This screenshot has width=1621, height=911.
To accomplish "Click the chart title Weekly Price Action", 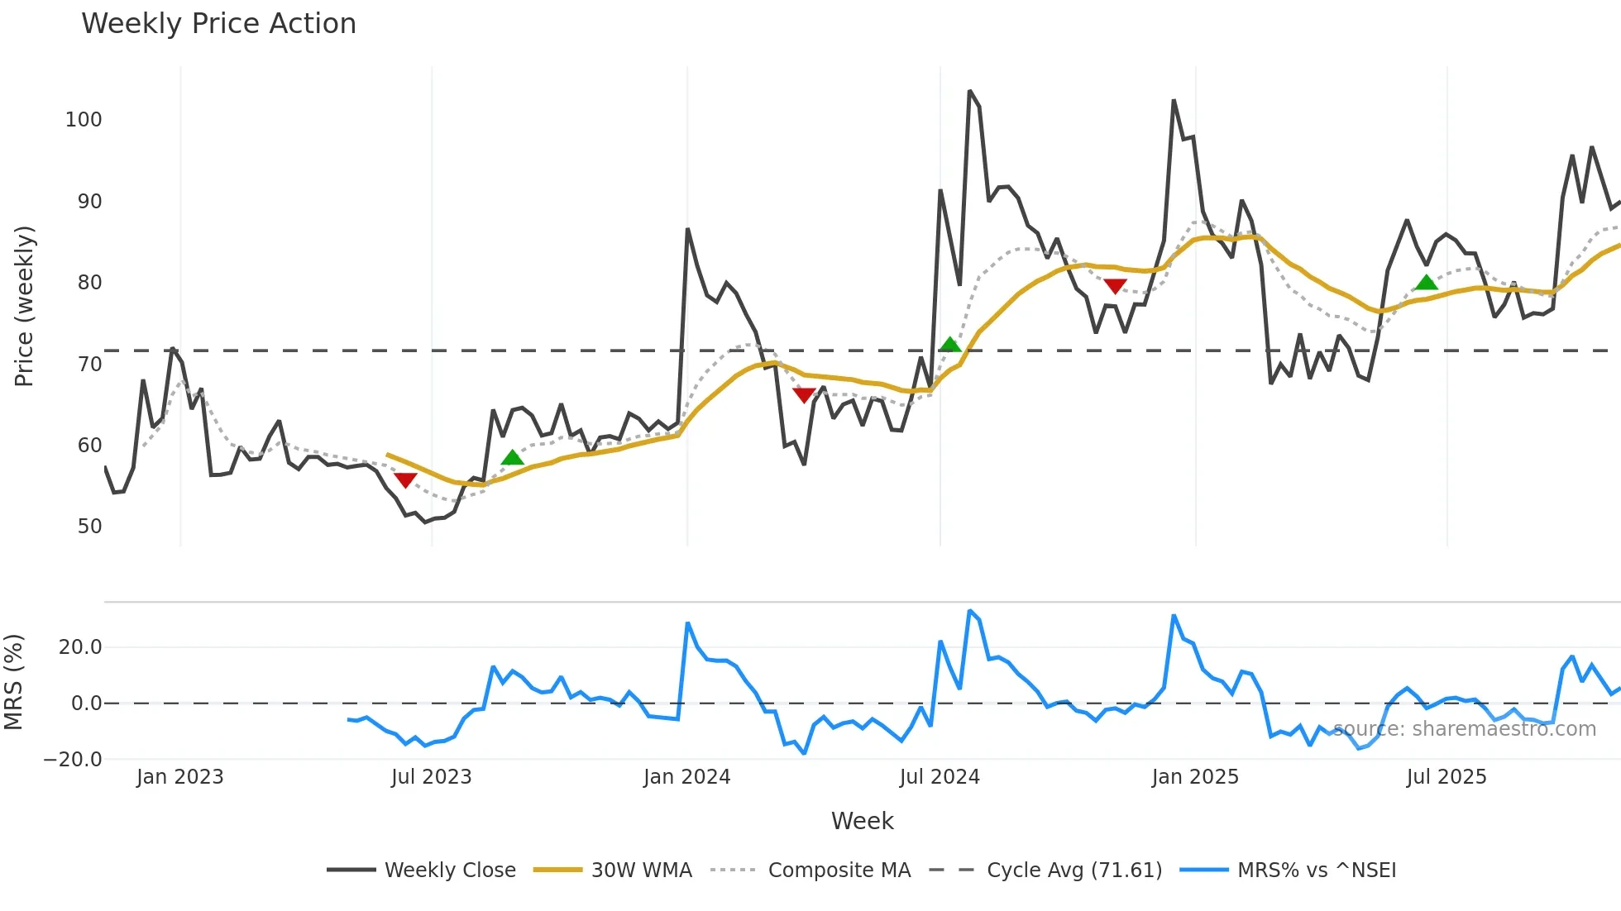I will tap(218, 24).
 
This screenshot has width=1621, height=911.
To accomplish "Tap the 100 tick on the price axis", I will tap(84, 120).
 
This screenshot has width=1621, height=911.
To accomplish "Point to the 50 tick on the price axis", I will tap(89, 527).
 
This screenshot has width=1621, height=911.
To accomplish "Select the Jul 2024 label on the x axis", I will tap(939, 777).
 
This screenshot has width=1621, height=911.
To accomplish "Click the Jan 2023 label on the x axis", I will tap(179, 777).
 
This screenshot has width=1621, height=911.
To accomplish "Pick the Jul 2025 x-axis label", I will tap(1446, 777).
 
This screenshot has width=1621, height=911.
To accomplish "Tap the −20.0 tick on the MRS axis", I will tap(73, 760).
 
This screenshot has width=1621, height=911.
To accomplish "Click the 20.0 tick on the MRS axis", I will tap(80, 647).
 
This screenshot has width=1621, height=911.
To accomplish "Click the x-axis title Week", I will tap(862, 821).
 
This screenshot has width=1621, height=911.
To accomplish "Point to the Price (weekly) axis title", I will tap(24, 306).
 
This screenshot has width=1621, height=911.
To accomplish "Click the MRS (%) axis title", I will tap(13, 682).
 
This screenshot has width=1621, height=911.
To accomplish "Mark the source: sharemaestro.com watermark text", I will tap(1464, 729).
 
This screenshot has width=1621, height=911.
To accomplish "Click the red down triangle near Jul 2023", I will tap(405, 480).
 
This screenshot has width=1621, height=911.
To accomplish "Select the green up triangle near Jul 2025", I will tap(1426, 283).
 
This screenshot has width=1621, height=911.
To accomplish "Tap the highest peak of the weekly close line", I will tap(969, 91).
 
